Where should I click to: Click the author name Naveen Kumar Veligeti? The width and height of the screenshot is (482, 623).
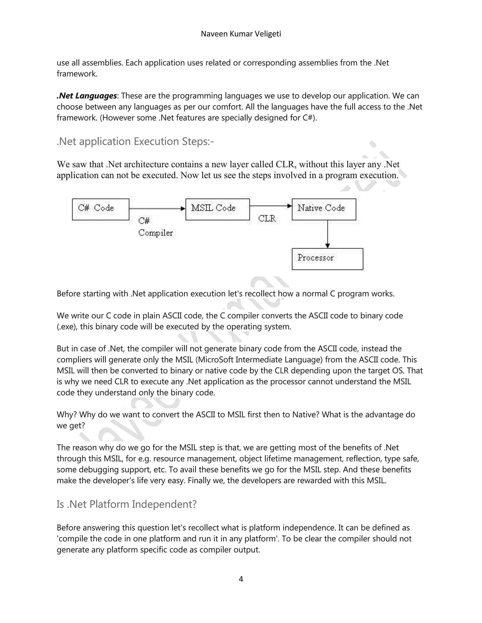coord(241,34)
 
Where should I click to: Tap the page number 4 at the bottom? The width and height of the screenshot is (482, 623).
coord(241,579)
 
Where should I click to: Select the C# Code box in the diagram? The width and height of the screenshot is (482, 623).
coord(100,209)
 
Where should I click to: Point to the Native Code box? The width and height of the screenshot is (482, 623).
coord(324,209)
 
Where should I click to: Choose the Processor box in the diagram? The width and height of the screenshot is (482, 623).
coord(327,259)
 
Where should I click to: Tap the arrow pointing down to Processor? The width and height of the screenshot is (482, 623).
coord(328,234)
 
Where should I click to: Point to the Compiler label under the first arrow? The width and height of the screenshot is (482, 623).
coord(156,233)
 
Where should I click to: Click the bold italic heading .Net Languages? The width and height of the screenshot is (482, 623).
coord(87,96)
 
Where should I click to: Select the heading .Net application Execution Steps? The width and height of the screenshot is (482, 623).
coord(135,142)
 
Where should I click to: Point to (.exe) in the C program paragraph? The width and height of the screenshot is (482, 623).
coord(67,327)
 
